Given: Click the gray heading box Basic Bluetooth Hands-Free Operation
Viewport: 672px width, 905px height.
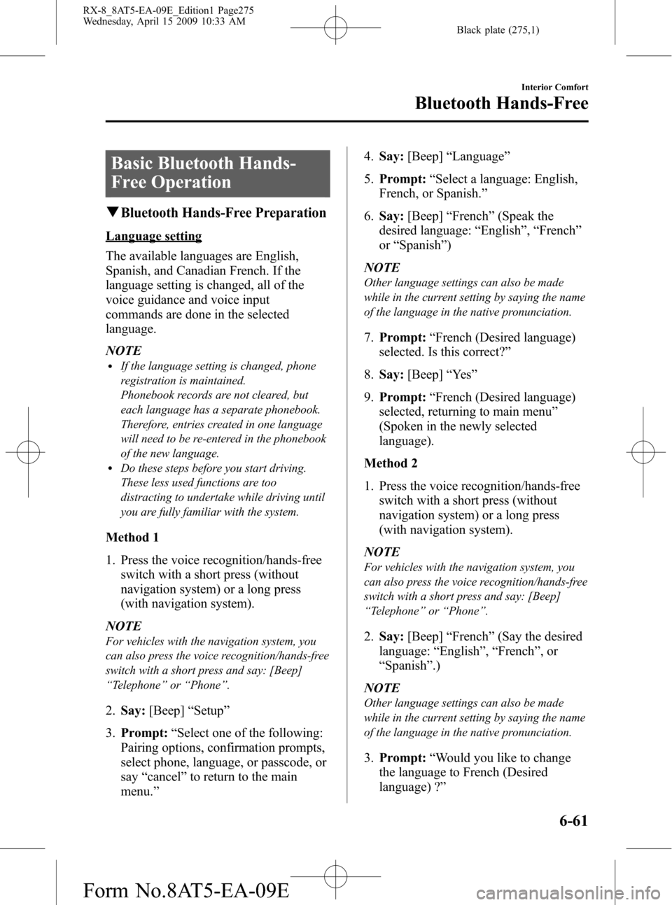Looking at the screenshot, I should (218, 173).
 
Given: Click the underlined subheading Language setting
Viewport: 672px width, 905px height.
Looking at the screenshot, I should (154, 236).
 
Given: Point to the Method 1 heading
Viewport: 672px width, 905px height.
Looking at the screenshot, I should (132, 538).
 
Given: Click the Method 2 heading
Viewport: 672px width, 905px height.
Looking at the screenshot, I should (391, 463).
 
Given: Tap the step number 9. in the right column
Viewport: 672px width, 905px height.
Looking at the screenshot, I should (369, 397).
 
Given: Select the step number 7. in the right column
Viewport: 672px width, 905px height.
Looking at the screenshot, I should (369, 337).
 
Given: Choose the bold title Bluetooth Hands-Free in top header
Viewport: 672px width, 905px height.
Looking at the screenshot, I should (501, 104).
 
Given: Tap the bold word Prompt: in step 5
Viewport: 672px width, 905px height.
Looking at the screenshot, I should (402, 179).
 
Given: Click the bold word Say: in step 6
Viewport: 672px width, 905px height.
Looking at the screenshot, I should (391, 216).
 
